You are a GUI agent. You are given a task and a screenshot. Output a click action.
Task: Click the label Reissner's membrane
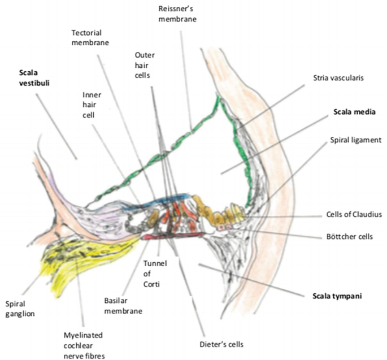[x=177, y=14]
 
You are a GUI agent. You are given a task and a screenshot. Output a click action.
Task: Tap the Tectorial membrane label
[x=90, y=37]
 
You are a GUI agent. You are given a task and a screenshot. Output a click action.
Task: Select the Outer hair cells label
[x=145, y=65]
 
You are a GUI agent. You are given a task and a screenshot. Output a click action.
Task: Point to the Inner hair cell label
[x=92, y=105]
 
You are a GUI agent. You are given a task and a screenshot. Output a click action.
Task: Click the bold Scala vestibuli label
[x=34, y=78]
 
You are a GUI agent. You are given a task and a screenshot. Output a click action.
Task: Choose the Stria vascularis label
[x=338, y=78]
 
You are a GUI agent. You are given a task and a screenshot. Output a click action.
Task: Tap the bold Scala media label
[x=354, y=112]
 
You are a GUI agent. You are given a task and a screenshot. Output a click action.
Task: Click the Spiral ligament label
[x=356, y=140]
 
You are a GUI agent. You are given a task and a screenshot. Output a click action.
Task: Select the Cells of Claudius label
[x=354, y=214]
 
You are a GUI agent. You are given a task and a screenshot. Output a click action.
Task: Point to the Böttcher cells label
[x=350, y=237]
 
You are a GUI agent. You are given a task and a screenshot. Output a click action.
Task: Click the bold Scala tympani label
[x=337, y=296]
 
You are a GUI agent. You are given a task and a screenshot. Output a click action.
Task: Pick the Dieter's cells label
[x=221, y=344]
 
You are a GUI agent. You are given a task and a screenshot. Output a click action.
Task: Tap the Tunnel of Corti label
[x=155, y=274]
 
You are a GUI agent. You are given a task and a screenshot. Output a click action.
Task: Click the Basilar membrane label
[x=123, y=306]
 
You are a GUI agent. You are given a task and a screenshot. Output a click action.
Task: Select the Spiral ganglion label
[x=20, y=309]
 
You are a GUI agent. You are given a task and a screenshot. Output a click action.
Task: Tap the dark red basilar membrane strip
[x=173, y=236]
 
